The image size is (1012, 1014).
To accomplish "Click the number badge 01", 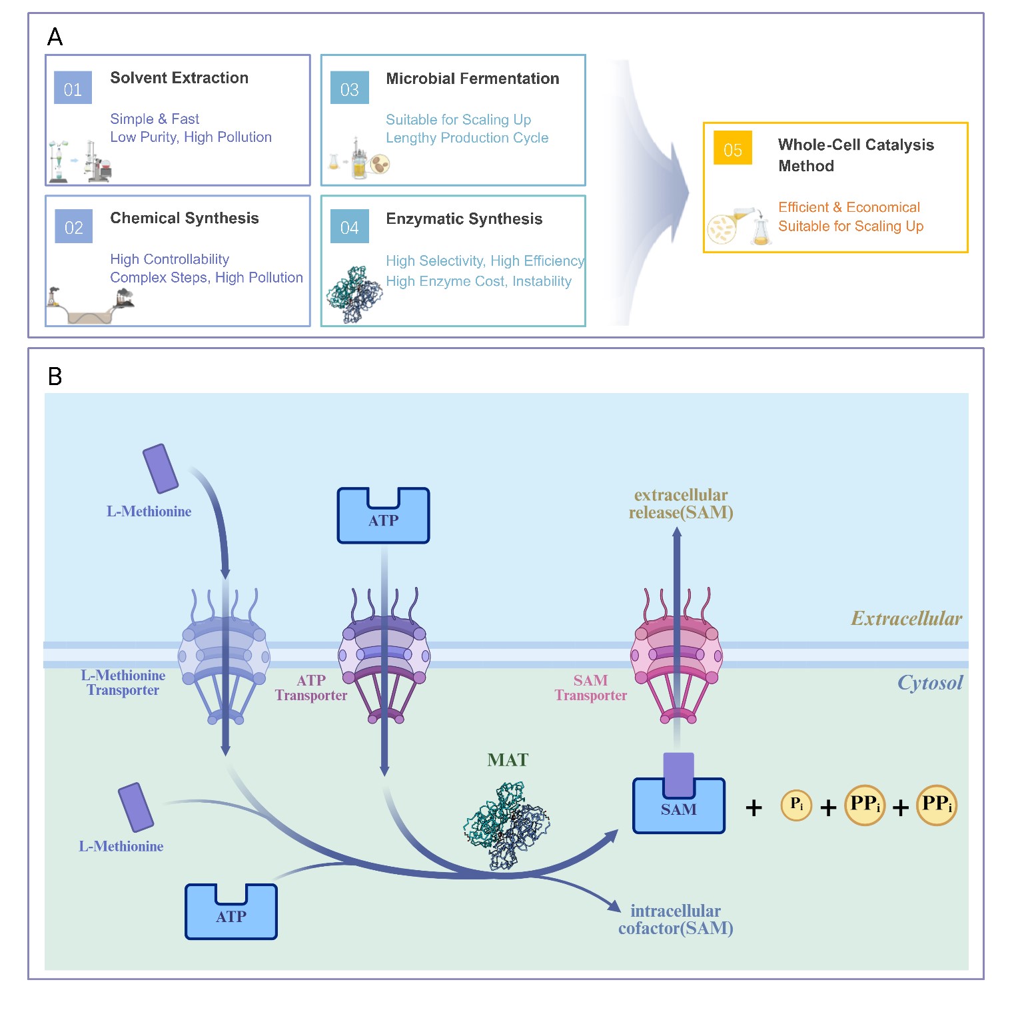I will (73, 89).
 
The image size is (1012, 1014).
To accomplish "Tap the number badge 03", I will (349, 89).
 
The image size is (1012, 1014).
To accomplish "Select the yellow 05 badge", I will (732, 149).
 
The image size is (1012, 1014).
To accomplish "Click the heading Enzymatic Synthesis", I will (464, 219).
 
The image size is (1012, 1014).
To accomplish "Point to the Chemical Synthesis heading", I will (184, 218).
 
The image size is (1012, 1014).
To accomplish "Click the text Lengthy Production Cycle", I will (466, 138).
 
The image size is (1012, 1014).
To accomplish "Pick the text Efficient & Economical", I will (848, 207).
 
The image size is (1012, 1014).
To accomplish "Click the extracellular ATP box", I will (383, 516).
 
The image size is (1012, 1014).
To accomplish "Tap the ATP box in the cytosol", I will (231, 912).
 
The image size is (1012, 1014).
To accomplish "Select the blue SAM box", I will (678, 808).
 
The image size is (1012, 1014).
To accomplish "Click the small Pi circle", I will (796, 805).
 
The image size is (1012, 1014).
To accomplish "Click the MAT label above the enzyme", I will (507, 760).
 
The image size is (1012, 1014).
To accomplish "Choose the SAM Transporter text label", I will (590, 688).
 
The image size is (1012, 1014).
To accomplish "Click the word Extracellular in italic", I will (906, 619).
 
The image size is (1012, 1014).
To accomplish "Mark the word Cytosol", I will (929, 683).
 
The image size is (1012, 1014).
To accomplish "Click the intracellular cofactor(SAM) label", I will (675, 919).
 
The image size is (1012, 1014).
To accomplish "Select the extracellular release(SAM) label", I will (680, 504).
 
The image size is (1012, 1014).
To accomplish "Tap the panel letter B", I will (55, 376).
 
